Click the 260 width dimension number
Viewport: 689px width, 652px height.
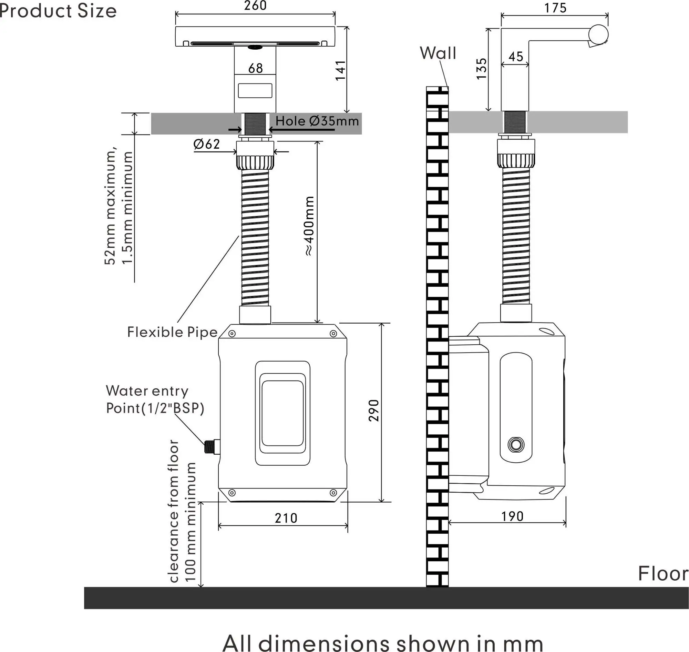pos(255,6)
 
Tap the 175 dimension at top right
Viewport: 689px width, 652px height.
pos(555,8)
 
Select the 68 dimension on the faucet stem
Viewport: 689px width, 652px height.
pos(256,68)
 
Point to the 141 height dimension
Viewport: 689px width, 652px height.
pos(340,71)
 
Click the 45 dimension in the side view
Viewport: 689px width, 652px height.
pos(516,57)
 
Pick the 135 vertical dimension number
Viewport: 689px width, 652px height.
pos(482,69)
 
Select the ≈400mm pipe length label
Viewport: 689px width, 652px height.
pos(309,226)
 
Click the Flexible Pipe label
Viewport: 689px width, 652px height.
pos(172,332)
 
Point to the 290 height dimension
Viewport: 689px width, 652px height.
pos(374,411)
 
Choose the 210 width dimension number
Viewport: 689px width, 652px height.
pos(286,518)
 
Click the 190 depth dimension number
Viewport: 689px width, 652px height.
pos(512,516)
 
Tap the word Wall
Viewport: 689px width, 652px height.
pos(438,53)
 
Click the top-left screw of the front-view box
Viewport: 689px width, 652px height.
pos(232,334)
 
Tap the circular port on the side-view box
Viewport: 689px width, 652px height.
pos(516,445)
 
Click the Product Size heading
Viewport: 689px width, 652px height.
pos(58,11)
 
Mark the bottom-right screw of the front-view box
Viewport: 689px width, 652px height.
pos(333,493)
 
